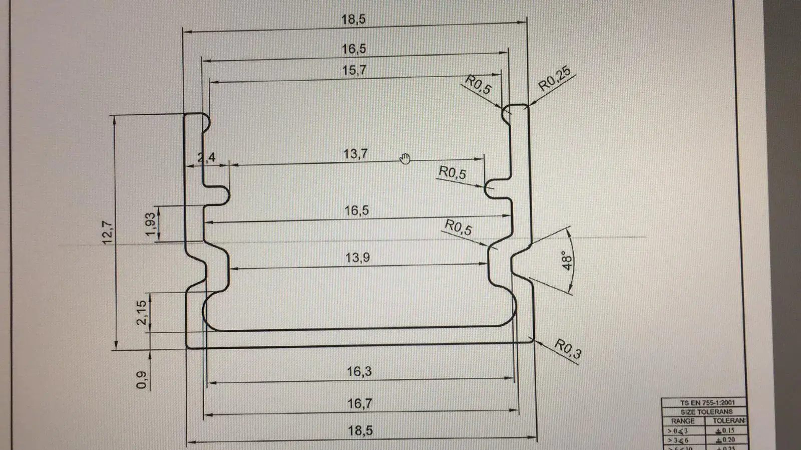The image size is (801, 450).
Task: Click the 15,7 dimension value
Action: (x=354, y=70)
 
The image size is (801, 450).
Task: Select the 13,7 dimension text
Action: (x=355, y=153)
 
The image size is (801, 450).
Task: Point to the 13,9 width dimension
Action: (x=357, y=258)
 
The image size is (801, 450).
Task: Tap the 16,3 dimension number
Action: (x=359, y=371)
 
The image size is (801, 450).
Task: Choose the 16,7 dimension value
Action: (x=360, y=403)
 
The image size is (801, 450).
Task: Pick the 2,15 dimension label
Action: (x=142, y=313)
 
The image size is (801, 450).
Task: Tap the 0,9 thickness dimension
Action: (x=142, y=379)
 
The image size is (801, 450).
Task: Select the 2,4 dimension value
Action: (x=206, y=157)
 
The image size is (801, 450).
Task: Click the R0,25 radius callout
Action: (x=554, y=79)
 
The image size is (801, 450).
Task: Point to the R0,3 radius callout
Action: (x=568, y=349)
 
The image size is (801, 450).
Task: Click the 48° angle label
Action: (x=567, y=261)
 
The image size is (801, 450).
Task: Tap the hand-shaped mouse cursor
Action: (x=405, y=159)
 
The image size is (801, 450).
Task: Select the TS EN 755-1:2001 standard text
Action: (x=707, y=402)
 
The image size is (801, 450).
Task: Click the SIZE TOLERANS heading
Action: (x=706, y=411)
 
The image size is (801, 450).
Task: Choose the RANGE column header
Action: (x=683, y=421)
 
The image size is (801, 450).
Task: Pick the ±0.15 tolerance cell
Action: (x=725, y=430)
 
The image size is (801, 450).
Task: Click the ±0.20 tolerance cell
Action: (x=725, y=440)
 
